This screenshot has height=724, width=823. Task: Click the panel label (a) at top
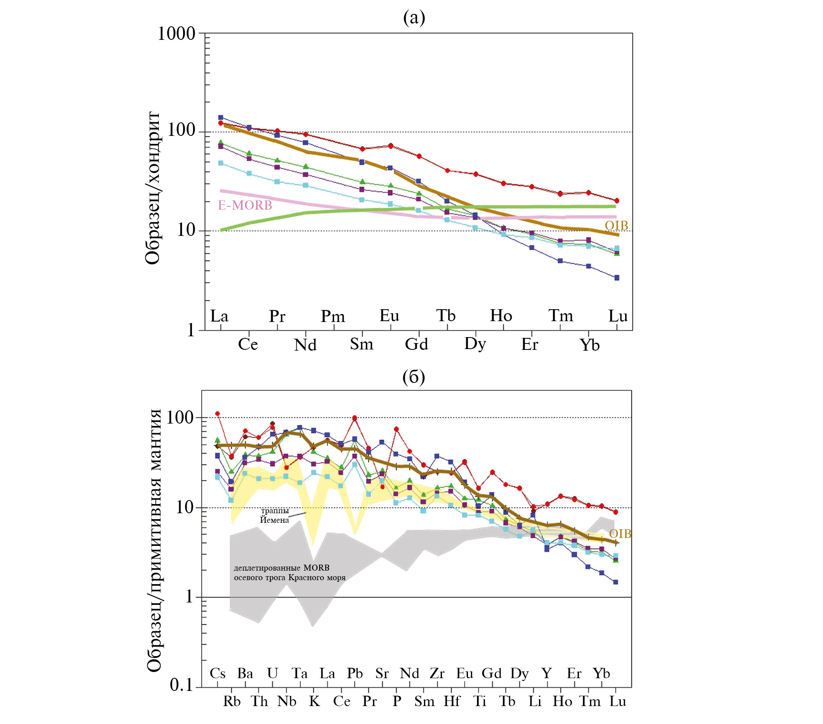click(x=414, y=18)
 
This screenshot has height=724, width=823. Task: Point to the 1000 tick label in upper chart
click(x=176, y=34)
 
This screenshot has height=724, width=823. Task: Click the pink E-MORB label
click(x=245, y=206)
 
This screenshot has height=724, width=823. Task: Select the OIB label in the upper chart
click(x=616, y=226)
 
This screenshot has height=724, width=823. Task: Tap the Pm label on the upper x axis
click(x=332, y=316)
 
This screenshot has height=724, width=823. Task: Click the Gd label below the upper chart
click(x=416, y=344)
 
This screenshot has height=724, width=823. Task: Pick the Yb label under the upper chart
click(x=589, y=345)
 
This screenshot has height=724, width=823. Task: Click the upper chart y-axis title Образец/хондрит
click(x=153, y=188)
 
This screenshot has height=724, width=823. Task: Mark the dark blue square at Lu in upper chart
click(x=616, y=278)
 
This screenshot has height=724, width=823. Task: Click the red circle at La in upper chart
click(x=220, y=123)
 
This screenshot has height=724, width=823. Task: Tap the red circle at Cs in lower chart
click(x=217, y=414)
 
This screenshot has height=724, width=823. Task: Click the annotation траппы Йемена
click(x=275, y=515)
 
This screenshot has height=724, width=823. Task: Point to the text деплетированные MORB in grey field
click(x=282, y=568)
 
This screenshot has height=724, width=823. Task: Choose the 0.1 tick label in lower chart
click(x=182, y=685)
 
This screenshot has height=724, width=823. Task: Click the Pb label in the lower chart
click(x=355, y=673)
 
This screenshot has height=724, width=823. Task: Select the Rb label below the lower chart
click(x=231, y=701)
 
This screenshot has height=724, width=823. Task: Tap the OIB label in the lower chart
click(x=620, y=534)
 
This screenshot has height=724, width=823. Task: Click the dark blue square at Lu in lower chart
click(x=615, y=582)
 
